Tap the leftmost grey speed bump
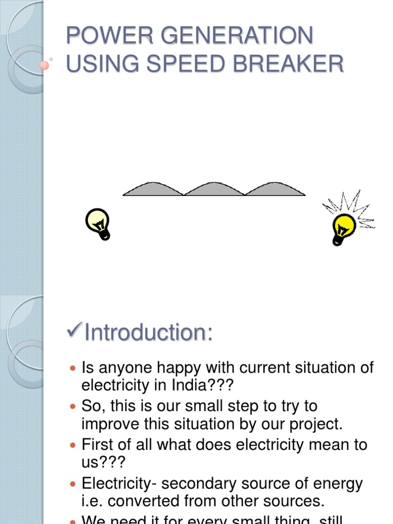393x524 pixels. click(x=153, y=189)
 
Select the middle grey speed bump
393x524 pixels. click(x=214, y=189)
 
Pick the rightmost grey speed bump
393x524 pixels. click(x=275, y=189)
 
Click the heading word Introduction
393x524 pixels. click(x=148, y=332)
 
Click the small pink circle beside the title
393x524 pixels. click(x=45, y=65)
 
